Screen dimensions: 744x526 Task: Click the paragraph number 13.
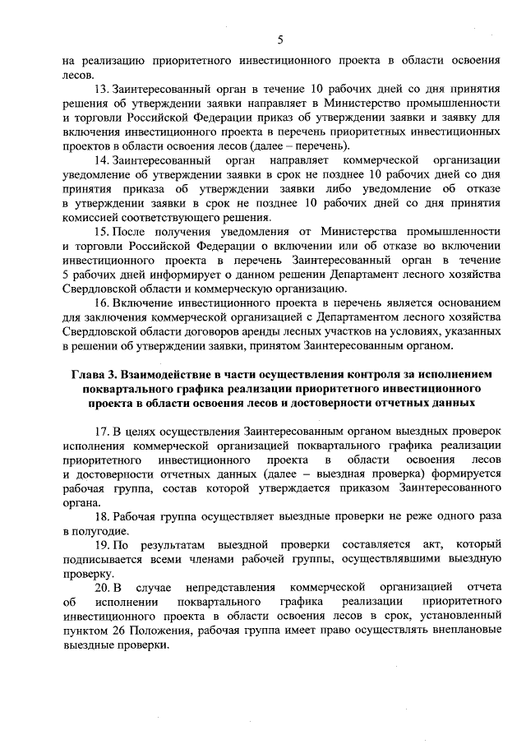click(104, 87)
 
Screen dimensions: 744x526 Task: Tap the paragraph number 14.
click(104, 158)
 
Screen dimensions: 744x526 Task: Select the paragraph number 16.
click(104, 302)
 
